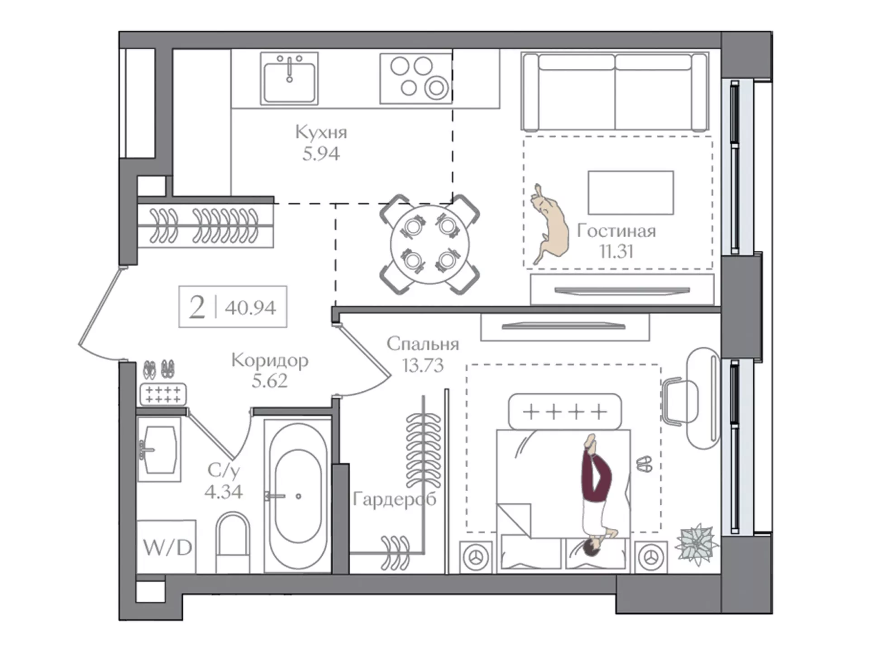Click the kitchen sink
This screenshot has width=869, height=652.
(x=289, y=78)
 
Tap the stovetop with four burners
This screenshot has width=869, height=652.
(x=416, y=78)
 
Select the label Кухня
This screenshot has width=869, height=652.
(x=321, y=132)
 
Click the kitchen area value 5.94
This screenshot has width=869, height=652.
(x=321, y=154)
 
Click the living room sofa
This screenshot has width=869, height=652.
(x=615, y=92)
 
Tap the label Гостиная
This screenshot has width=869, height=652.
(x=616, y=231)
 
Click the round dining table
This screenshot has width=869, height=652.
(x=430, y=244)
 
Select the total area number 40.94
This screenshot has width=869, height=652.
(x=250, y=308)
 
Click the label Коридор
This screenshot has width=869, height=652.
(x=270, y=360)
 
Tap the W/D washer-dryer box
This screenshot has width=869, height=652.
(x=167, y=547)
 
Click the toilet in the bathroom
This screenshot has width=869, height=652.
(x=233, y=542)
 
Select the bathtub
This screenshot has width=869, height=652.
(x=298, y=496)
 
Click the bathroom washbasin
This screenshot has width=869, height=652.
(x=159, y=449)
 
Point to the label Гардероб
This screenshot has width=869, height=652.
(x=394, y=499)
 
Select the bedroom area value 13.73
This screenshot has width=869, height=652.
(x=423, y=365)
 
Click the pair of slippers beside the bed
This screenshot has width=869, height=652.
(x=644, y=464)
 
